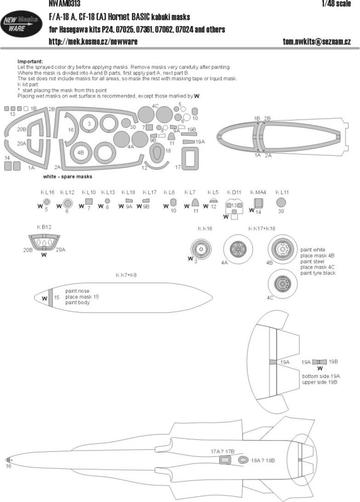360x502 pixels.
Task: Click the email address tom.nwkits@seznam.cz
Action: [x=317, y=42]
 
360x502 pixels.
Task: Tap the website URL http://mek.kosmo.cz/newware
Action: [x=92, y=42]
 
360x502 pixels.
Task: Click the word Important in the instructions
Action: [x=30, y=61]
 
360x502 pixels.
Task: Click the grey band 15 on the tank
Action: [x=51, y=298]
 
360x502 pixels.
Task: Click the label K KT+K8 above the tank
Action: [x=127, y=275]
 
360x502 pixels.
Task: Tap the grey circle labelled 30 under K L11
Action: [x=281, y=202]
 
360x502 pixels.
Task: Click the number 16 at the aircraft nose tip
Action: [x=8, y=466]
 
